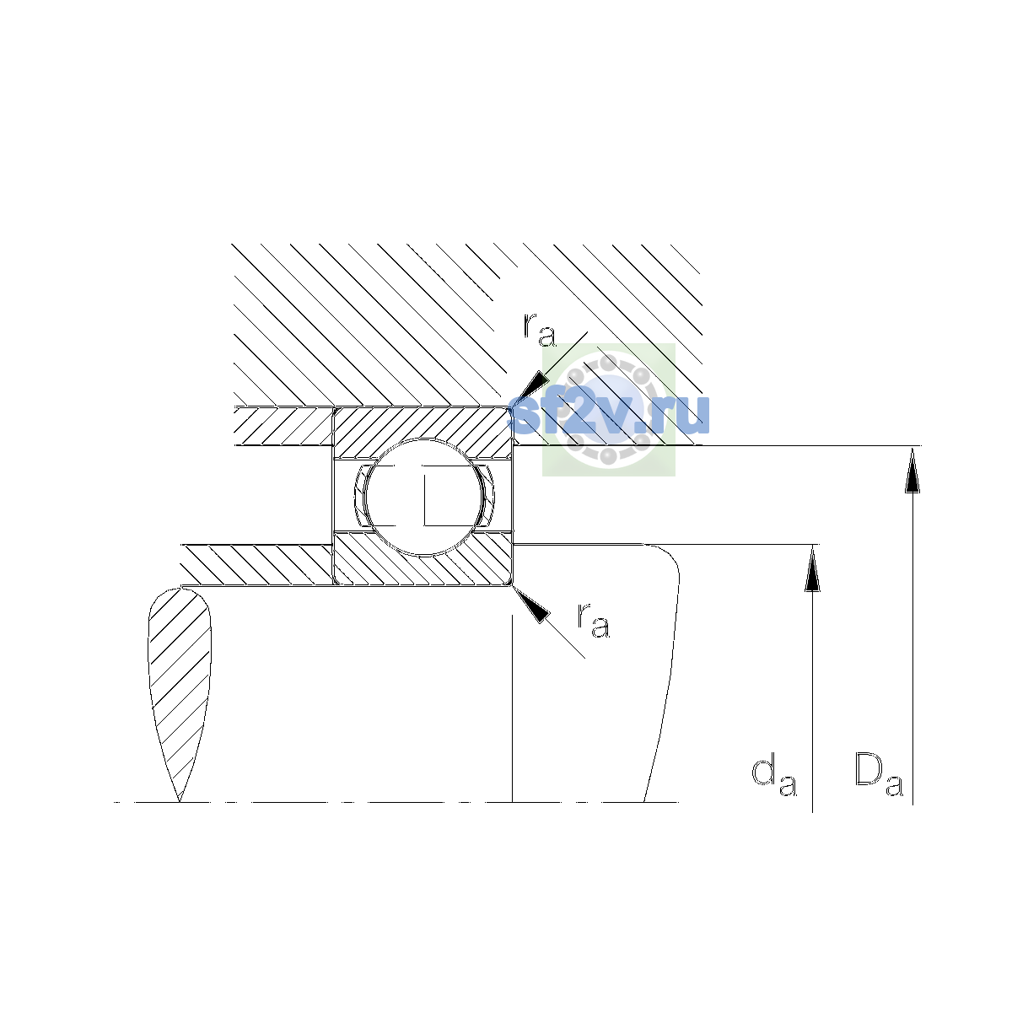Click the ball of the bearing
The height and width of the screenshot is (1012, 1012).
(423, 497)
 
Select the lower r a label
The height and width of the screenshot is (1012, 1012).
(594, 620)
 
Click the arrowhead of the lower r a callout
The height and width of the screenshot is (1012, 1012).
(531, 605)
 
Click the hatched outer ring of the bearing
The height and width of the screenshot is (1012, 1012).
(423, 424)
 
